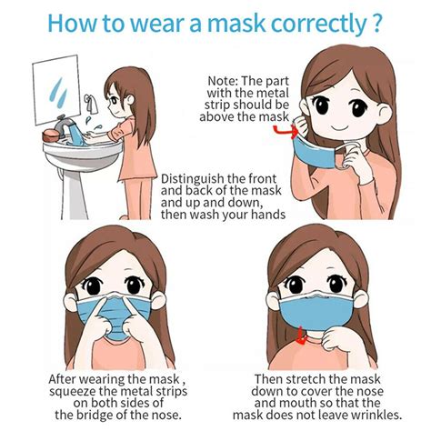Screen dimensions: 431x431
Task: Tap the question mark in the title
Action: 376,24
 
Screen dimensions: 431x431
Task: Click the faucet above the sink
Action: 89,101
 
